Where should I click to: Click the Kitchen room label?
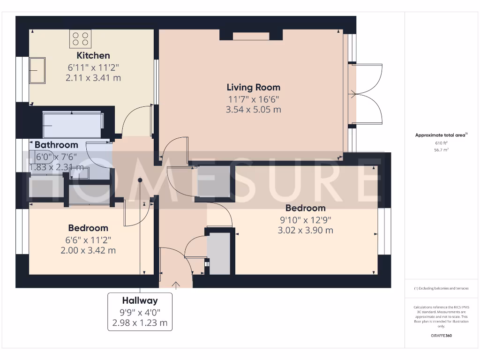[x=93, y=55]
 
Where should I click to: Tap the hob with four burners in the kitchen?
[x=80, y=39]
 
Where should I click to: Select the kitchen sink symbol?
[x=37, y=71]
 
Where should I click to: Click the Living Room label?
[x=253, y=87]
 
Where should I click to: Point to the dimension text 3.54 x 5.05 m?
[x=253, y=110]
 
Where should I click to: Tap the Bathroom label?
[x=56, y=145]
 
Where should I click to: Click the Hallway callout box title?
[x=140, y=300]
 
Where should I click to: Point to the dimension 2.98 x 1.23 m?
[x=140, y=323]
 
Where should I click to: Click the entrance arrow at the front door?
[x=177, y=285]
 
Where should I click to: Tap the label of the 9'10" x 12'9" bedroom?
[x=305, y=208]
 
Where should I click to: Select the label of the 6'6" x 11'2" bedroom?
[x=88, y=228]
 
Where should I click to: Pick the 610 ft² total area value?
[x=441, y=142]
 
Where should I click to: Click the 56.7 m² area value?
[x=441, y=150]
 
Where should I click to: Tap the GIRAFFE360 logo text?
[x=441, y=336]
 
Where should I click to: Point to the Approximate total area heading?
[x=441, y=135]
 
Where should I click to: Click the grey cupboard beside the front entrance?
[x=219, y=253]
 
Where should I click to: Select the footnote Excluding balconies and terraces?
[x=441, y=288]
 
